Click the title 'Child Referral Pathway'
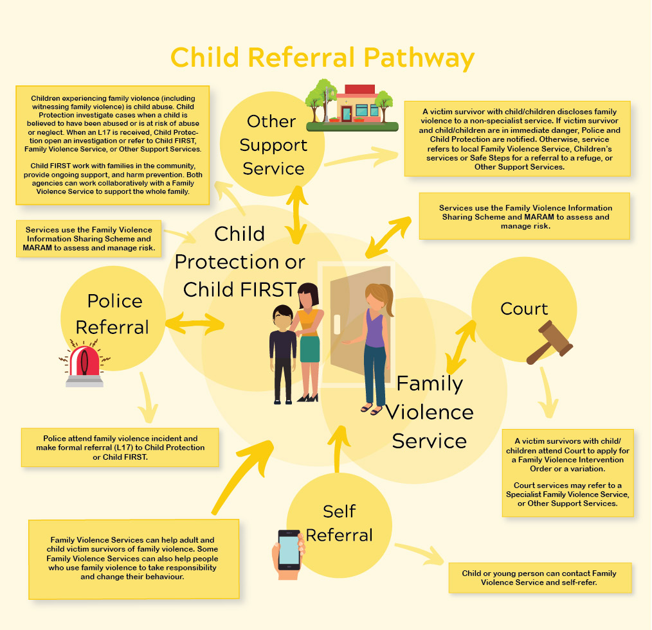point(322,57)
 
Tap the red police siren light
point(84,366)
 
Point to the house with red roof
point(357,104)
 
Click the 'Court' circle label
point(524,309)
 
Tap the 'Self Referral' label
point(339,523)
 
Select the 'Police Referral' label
point(113,313)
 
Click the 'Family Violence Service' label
point(430,412)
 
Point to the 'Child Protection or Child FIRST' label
point(240,261)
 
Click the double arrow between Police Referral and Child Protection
point(197,322)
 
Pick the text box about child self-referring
point(539,577)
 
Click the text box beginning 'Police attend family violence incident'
point(120,447)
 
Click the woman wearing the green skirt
point(309,340)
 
